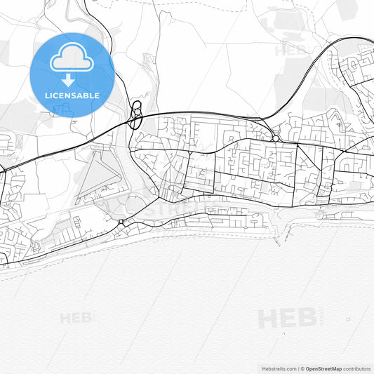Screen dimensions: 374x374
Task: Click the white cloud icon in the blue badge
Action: coord(72,58)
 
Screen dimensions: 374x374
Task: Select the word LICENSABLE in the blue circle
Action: coord(73,95)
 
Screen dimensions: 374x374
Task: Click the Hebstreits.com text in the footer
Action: coord(278,368)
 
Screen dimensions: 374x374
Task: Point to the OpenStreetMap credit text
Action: coord(323,368)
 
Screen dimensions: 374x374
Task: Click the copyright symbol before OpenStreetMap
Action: coord(302,368)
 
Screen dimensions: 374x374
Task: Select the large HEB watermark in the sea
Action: coord(287,319)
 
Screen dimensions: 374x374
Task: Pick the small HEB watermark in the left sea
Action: coord(76,318)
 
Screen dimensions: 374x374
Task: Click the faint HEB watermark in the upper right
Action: coord(289,51)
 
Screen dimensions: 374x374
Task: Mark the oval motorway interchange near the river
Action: coord(136,116)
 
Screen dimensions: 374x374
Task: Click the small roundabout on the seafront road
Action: coord(121,222)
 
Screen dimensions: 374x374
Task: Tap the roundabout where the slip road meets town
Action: coord(276,138)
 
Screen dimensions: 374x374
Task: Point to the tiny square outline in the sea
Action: coord(349,320)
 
